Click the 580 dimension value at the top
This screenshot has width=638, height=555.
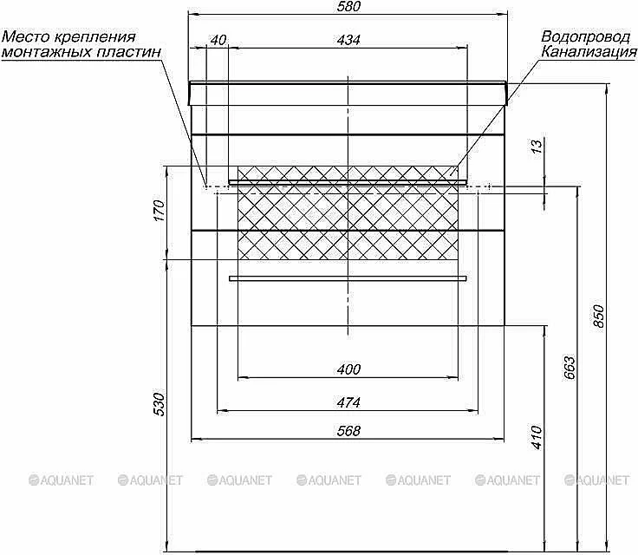348,7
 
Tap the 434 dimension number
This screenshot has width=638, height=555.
348,40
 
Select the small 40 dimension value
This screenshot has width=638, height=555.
218,40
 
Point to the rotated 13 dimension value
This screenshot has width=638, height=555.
537,147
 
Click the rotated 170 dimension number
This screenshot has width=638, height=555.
159,210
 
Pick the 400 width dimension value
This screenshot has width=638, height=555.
348,369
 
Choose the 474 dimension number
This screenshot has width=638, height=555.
348,402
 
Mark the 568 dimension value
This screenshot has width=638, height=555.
348,431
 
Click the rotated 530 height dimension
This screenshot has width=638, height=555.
159,404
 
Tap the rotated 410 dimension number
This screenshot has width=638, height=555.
537,438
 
